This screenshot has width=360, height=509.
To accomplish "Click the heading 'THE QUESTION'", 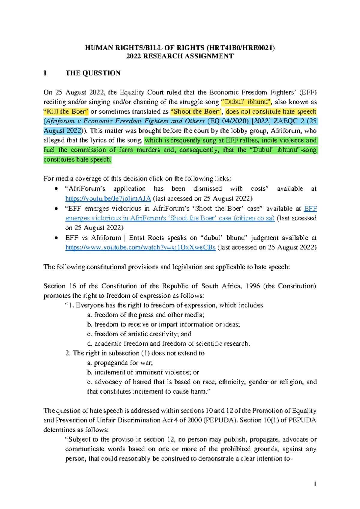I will (93, 73).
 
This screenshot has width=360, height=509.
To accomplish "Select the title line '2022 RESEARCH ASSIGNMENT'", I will (180, 56).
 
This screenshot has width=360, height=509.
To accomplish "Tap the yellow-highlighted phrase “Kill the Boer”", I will (66, 112).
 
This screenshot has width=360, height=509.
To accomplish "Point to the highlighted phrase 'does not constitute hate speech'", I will (271, 112).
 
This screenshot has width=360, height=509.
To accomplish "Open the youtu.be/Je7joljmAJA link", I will (108, 198).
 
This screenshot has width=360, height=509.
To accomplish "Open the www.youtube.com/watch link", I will (140, 247).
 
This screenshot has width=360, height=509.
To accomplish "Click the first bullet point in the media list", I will (56, 189).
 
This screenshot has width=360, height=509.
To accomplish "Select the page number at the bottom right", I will (315, 484).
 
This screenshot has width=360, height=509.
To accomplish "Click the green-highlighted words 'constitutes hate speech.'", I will (77, 159).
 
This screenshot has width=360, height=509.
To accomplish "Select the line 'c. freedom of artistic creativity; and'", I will (139, 334).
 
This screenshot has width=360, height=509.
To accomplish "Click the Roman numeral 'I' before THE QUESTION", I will (45, 73).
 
